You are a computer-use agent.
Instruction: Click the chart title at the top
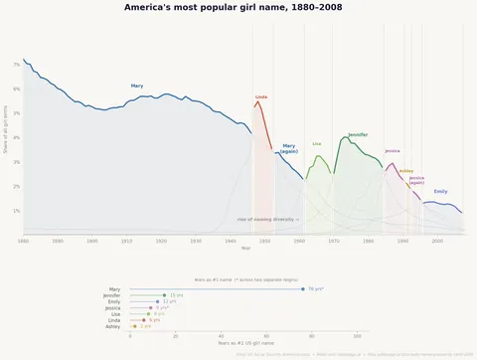tap(238, 7)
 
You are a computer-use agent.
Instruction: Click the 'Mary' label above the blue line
tap(137, 87)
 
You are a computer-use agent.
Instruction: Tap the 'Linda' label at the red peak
tap(261, 96)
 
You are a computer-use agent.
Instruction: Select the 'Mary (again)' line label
tap(289, 149)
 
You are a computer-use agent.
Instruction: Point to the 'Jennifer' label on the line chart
tap(358, 134)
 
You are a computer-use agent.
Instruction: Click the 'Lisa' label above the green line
tap(317, 143)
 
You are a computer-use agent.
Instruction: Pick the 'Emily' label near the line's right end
tap(440, 191)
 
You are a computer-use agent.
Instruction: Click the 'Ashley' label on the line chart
tap(405, 171)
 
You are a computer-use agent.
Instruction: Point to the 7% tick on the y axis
tap(16, 65)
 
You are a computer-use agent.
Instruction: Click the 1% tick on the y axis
tap(16, 211)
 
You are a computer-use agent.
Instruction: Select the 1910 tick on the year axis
tap(126, 241)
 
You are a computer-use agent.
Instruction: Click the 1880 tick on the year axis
tap(23, 241)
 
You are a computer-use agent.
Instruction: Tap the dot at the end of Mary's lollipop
tap(303, 288)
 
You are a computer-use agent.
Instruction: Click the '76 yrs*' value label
tap(316, 288)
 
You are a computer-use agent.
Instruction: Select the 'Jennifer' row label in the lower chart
tap(112, 295)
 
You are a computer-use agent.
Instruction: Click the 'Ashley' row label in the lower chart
tap(113, 326)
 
